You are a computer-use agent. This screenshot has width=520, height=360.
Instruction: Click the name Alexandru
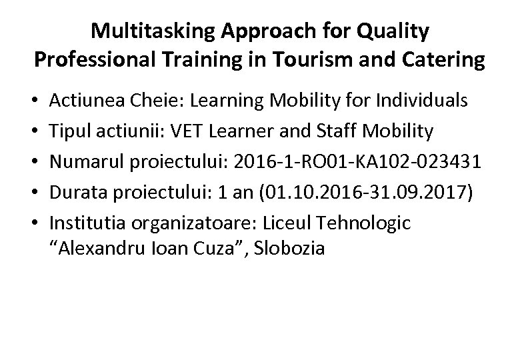point(100,249)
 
